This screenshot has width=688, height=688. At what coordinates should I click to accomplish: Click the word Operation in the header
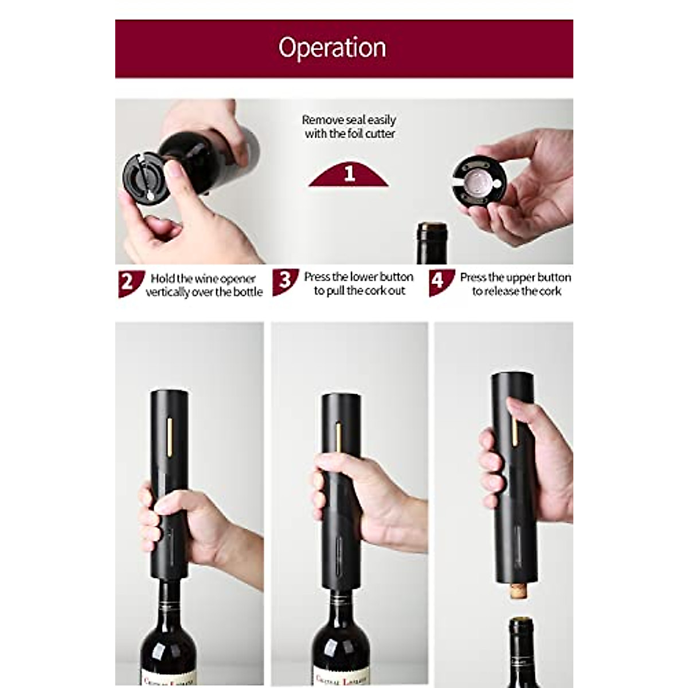pos(332,48)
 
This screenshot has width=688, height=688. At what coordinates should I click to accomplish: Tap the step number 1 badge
pos(349,174)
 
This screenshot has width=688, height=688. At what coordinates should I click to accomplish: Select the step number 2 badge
pos(127,282)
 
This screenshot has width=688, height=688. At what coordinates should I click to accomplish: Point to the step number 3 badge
pos(284,281)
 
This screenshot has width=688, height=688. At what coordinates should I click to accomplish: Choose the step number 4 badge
pos(438,282)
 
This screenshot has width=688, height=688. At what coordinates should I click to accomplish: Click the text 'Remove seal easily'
pos(349,120)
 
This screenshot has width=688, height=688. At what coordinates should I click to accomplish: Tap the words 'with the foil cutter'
pos(350,134)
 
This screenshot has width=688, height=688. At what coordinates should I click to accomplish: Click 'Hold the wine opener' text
pos(203,279)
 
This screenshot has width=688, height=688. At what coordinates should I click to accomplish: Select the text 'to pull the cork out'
pos(359,291)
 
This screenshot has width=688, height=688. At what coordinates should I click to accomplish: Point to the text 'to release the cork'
pos(517,291)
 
